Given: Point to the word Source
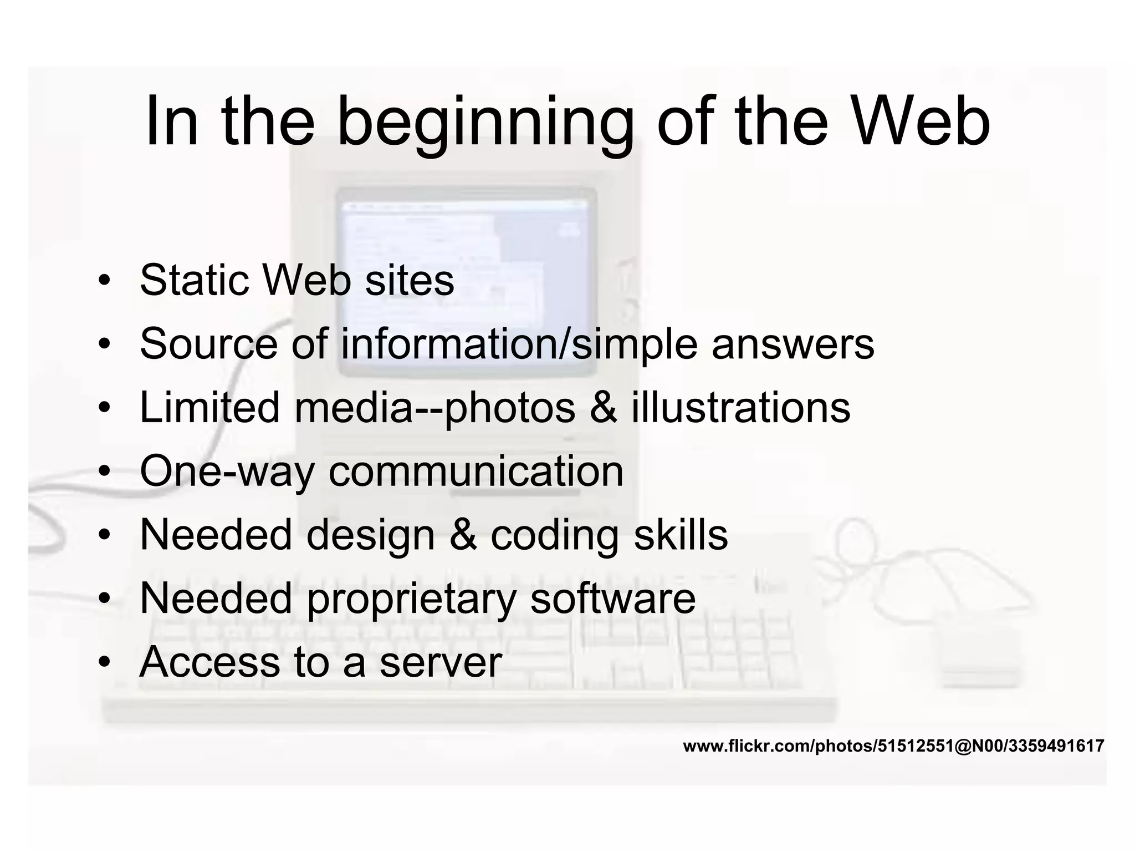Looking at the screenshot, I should [x=208, y=344].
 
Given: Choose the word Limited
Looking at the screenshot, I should [x=209, y=408].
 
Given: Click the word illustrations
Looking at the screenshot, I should [x=740, y=408].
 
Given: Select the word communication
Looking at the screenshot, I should [x=476, y=471].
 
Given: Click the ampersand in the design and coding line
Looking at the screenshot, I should [x=463, y=535].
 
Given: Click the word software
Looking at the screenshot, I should [x=612, y=599].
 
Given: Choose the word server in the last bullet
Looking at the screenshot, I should [x=441, y=663].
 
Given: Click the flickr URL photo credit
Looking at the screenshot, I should [x=893, y=746].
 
